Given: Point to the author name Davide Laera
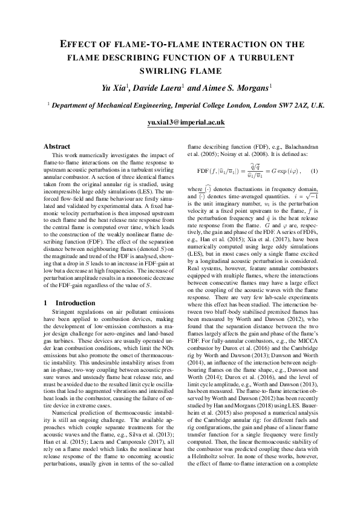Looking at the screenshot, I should (x=159, y=89).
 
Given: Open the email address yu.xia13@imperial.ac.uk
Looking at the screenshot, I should (x=186, y=122).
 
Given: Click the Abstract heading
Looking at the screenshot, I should (x=57, y=146).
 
